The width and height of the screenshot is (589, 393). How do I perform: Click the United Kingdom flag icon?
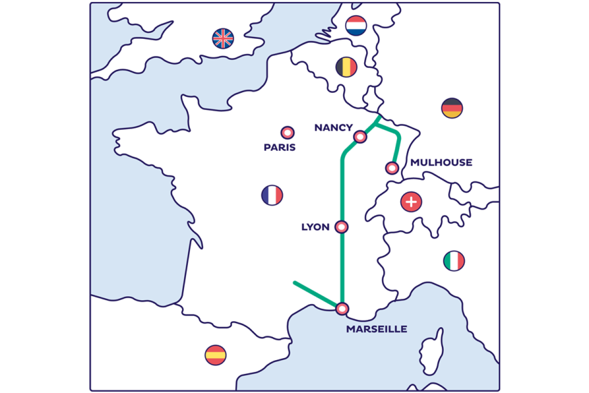point(223,38)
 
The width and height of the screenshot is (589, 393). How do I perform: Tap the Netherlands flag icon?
point(356,26)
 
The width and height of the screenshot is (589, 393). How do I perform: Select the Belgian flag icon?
point(346,67)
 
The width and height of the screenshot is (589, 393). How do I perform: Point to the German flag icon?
point(452,108)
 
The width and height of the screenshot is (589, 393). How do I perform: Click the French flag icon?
point(272,196)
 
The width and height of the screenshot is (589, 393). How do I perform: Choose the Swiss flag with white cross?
point(411,201)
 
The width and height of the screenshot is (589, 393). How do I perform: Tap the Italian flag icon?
point(454,261)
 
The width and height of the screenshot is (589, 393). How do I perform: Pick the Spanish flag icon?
point(215,354)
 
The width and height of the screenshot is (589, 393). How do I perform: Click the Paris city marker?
point(288,133)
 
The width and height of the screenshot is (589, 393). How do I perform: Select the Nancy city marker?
point(361,137)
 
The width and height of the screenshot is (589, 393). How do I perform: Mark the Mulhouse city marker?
point(392,168)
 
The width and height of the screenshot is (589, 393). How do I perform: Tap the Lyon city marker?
point(342,227)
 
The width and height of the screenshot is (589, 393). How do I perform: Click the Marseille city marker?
point(342,309)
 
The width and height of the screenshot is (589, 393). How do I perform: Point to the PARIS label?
point(280,147)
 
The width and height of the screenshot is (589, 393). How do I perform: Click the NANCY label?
point(333,128)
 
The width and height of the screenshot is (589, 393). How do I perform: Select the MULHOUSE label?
point(441,163)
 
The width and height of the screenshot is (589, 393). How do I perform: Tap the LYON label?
point(315,227)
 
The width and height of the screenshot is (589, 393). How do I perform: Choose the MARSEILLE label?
point(376,329)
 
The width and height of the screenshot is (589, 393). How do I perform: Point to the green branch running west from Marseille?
point(314,293)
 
